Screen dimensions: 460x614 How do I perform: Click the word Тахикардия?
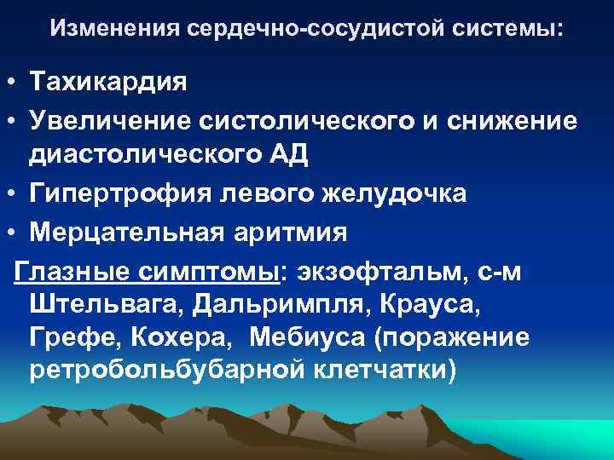[107, 83]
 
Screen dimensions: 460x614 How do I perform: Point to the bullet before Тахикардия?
[11, 84]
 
